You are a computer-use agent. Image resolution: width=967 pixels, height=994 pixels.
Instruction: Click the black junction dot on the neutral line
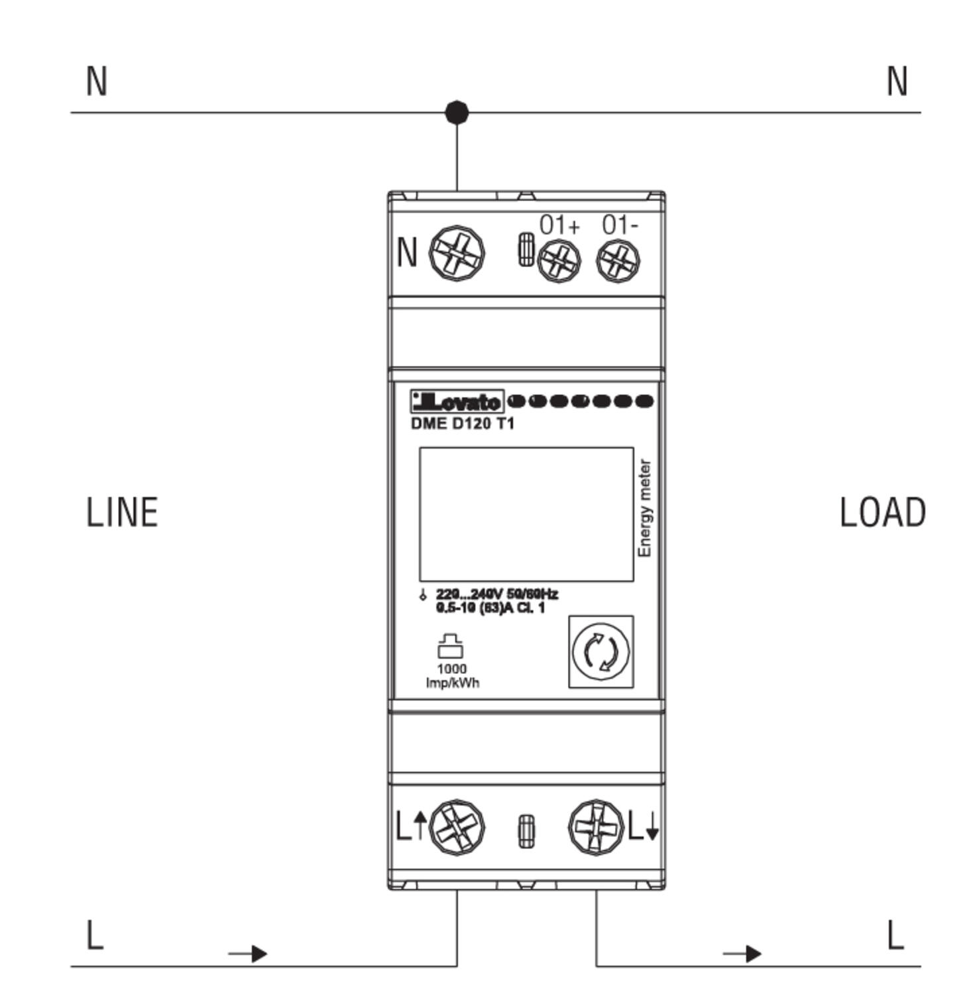[x=457, y=113]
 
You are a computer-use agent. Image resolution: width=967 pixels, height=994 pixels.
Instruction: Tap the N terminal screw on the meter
[x=457, y=254]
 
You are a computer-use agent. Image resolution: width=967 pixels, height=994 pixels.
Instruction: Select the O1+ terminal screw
[x=559, y=260]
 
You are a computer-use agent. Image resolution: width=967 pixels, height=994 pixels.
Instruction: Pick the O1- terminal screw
[x=618, y=260]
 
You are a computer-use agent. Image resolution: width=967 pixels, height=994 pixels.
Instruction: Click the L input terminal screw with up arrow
[x=457, y=827]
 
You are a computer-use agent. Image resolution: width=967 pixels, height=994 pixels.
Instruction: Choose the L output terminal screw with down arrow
[x=596, y=827]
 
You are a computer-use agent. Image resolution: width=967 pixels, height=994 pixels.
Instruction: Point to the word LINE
[x=123, y=513]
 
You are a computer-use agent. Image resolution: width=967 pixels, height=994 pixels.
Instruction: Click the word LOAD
[x=882, y=513]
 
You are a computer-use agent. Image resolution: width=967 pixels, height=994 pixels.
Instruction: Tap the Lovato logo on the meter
[x=457, y=402]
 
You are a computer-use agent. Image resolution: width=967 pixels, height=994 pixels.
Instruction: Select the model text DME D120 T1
[x=463, y=423]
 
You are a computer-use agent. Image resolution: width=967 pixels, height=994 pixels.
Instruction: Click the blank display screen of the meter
[x=526, y=514]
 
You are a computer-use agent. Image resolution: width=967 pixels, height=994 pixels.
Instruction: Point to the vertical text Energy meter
[x=644, y=509]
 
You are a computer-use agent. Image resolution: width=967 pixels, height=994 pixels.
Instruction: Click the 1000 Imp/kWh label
[x=452, y=675]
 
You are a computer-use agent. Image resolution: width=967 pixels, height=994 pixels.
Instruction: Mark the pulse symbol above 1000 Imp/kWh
[x=451, y=645]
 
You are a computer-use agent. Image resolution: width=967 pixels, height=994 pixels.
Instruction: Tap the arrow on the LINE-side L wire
[x=249, y=954]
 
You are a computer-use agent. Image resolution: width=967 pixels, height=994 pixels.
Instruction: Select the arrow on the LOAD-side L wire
[x=744, y=954]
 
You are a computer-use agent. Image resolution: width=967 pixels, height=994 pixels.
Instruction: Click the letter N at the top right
[x=897, y=82]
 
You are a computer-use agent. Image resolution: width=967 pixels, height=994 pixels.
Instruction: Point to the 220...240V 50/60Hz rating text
[x=496, y=594]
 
